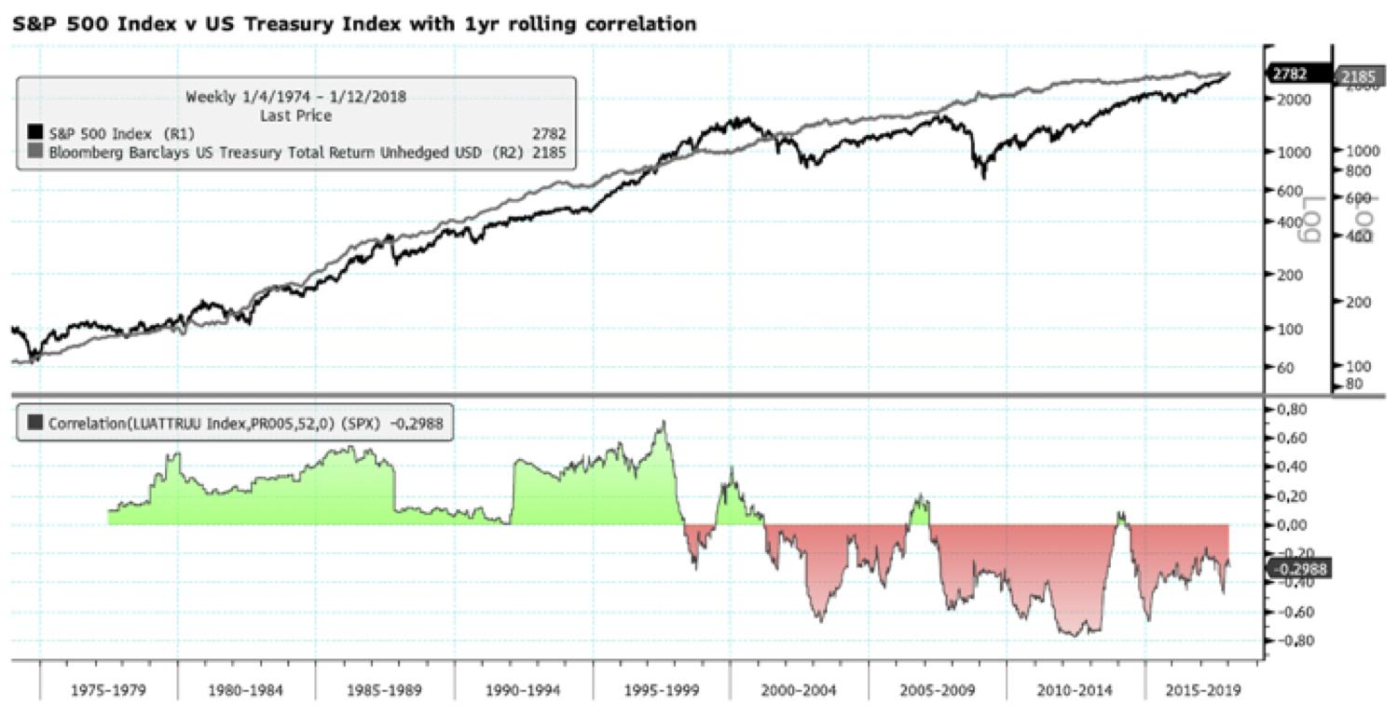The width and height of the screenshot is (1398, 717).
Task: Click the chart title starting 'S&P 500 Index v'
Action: point(354,23)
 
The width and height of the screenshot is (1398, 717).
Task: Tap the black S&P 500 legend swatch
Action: point(36,133)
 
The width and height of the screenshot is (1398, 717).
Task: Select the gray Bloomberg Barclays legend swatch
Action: point(36,150)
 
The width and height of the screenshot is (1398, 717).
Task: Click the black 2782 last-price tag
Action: point(1298,74)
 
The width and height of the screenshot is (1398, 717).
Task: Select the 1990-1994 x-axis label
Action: point(523,692)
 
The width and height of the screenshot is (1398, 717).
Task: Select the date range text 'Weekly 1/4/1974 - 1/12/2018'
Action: point(297,97)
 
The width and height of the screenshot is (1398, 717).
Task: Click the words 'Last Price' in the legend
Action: point(296,115)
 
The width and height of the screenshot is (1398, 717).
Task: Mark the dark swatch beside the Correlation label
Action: point(36,422)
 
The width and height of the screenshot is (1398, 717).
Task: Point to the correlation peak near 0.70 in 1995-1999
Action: point(663,424)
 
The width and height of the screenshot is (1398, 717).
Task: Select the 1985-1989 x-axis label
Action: point(385,692)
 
